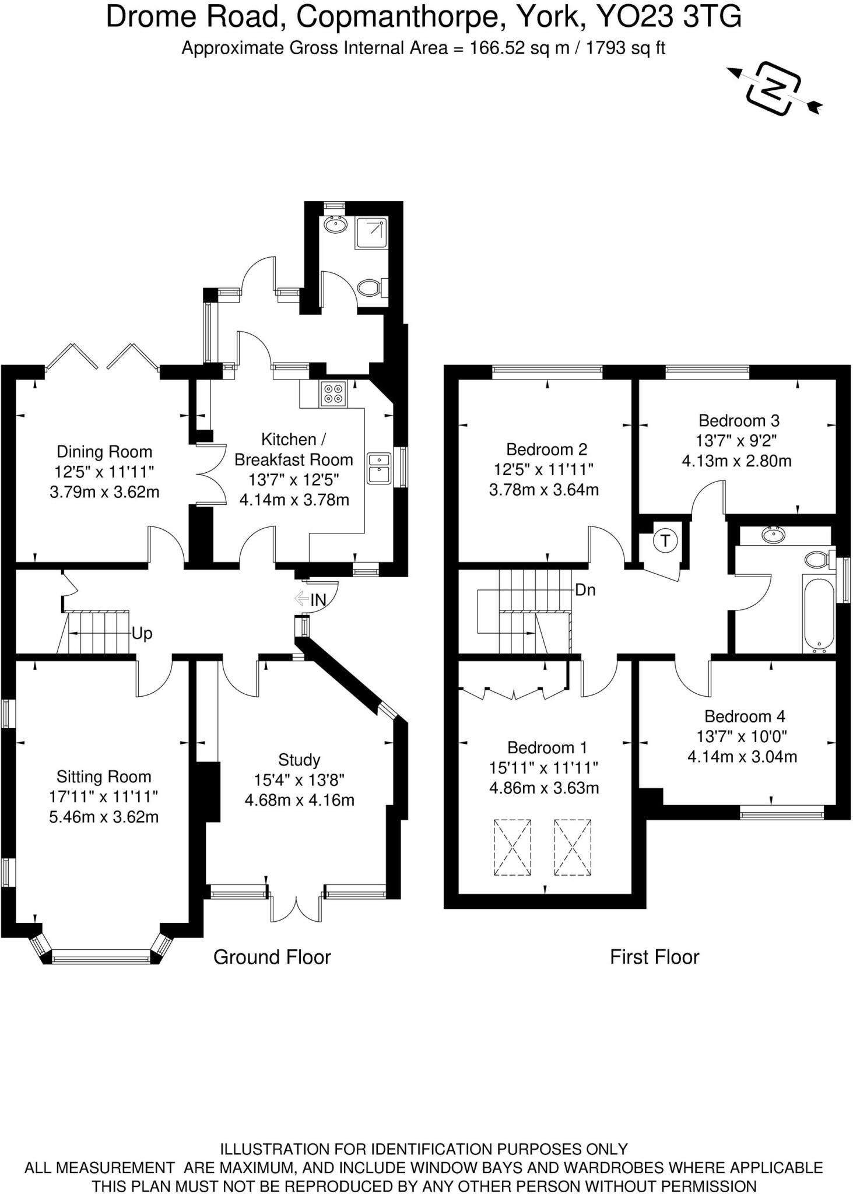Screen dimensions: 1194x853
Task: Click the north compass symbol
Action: coord(774,89)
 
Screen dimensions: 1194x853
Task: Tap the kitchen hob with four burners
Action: coord(333,394)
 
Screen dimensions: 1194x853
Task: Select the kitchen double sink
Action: coord(379,468)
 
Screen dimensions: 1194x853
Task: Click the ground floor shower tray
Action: coord(371,233)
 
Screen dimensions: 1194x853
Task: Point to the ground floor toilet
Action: coord(370,287)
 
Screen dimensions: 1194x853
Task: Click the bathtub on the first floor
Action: coord(818,614)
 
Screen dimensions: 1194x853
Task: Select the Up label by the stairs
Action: coord(142,633)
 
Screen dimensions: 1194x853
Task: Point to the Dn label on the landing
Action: coord(585,590)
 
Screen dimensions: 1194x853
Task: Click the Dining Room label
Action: coord(104,452)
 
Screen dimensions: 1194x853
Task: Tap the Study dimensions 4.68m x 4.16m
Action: coord(299,800)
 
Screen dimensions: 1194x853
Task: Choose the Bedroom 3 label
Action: coord(739,420)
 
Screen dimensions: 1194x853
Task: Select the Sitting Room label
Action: coord(104,777)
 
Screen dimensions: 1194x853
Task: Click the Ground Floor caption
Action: coord(272,957)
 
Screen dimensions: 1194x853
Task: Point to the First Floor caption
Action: coord(654,957)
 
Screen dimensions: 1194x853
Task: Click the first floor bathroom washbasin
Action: coord(774,534)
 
